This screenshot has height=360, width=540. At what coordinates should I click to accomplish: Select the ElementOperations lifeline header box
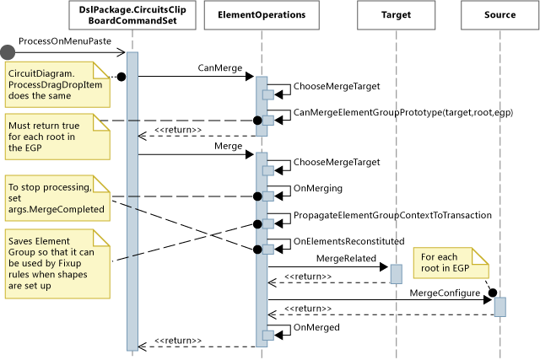pyautogui.click(x=261, y=15)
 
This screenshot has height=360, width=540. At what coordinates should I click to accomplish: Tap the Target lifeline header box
pyautogui.click(x=396, y=15)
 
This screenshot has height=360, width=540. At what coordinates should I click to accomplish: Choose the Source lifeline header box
pyautogui.click(x=500, y=15)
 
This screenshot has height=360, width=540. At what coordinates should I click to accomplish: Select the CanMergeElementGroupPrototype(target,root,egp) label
pyautogui.click(x=403, y=112)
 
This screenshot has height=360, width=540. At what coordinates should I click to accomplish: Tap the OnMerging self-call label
pyautogui.click(x=316, y=188)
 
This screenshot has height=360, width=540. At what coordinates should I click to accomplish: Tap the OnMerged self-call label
pyautogui.click(x=316, y=326)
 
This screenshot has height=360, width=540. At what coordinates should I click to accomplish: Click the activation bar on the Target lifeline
pyautogui.click(x=396, y=273)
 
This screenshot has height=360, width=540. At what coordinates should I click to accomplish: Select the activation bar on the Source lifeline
pyautogui.click(x=499, y=304)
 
